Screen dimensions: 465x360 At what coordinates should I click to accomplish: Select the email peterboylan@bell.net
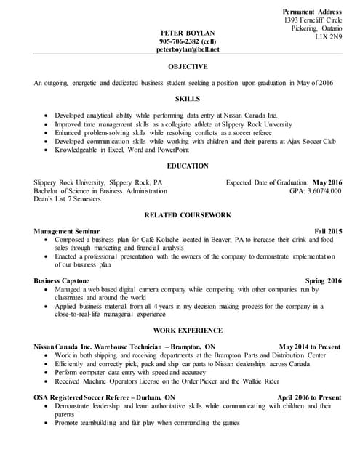(x=188, y=49)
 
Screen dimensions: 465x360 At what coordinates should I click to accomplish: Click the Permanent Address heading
(x=312, y=12)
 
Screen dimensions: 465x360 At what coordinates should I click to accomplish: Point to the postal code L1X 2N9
(x=328, y=37)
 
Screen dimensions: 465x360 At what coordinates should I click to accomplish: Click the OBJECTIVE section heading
(x=188, y=67)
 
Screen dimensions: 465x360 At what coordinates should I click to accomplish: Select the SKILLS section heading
(x=188, y=99)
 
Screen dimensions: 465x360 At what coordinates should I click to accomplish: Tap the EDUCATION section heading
(x=188, y=166)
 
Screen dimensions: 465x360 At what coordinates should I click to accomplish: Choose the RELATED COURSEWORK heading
(x=188, y=215)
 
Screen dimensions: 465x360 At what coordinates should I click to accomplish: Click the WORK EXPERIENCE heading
(x=188, y=331)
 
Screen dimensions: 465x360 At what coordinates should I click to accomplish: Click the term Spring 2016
(x=323, y=280)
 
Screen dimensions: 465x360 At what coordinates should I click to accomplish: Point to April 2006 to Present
(x=309, y=398)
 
